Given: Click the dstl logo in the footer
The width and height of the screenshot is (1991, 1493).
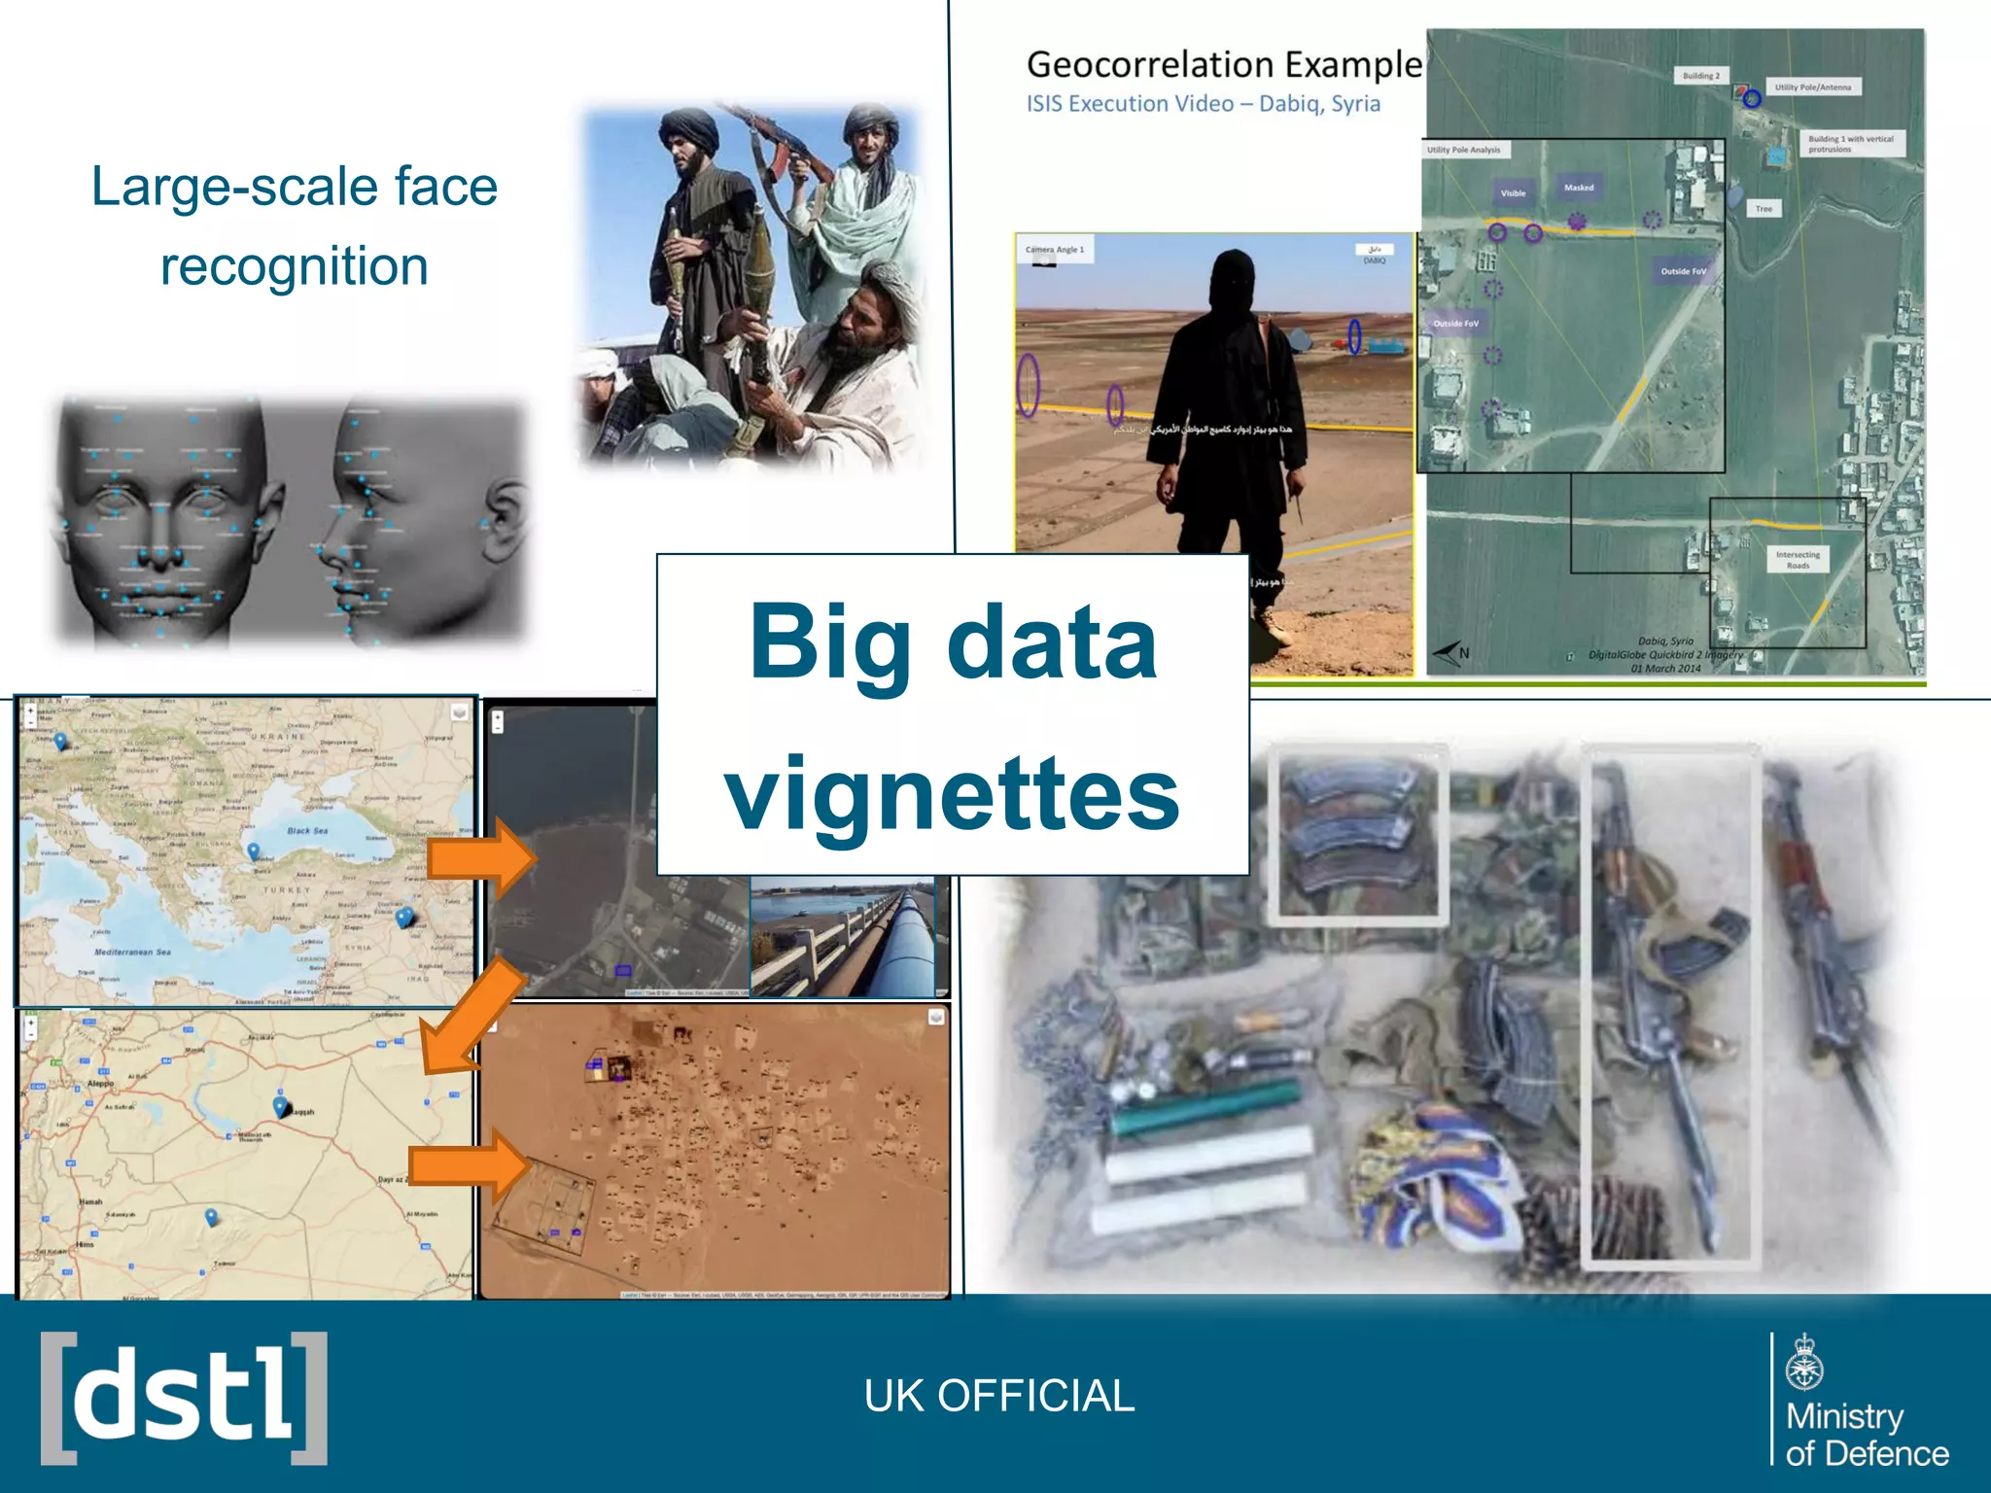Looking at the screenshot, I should pyautogui.click(x=184, y=1398).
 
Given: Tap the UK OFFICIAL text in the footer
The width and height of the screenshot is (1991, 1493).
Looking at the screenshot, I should pyautogui.click(x=998, y=1396).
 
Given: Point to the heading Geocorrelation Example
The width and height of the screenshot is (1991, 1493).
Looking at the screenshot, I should pyautogui.click(x=1223, y=65).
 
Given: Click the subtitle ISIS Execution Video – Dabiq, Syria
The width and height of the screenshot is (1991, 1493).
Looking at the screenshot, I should pyautogui.click(x=1203, y=104).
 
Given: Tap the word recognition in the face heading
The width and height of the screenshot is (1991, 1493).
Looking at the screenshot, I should pyautogui.click(x=294, y=266).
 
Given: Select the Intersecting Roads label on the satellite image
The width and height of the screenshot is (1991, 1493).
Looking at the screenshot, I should pyautogui.click(x=1798, y=559).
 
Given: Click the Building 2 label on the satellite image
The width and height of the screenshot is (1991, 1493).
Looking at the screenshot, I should pyautogui.click(x=1701, y=76).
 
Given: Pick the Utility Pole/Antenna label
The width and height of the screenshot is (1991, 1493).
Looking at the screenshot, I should pyautogui.click(x=1813, y=87).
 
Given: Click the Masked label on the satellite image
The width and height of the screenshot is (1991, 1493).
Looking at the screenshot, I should pyautogui.click(x=1579, y=188).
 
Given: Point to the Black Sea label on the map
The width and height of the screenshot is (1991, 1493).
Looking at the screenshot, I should pyautogui.click(x=307, y=831).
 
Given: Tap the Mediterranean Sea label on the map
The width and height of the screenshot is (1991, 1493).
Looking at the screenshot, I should pyautogui.click(x=132, y=953).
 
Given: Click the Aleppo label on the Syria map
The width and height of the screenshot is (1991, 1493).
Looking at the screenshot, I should pyautogui.click(x=100, y=1083).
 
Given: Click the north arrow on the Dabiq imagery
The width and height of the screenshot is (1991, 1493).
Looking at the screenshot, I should pyautogui.click(x=1450, y=653).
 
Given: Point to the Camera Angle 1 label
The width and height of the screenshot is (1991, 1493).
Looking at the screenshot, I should pyautogui.click(x=1054, y=250).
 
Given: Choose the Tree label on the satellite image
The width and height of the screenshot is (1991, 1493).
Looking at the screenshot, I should pyautogui.click(x=1764, y=209).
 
